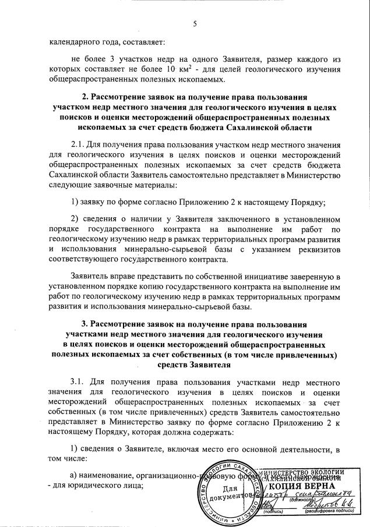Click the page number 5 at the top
tap(195, 24)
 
